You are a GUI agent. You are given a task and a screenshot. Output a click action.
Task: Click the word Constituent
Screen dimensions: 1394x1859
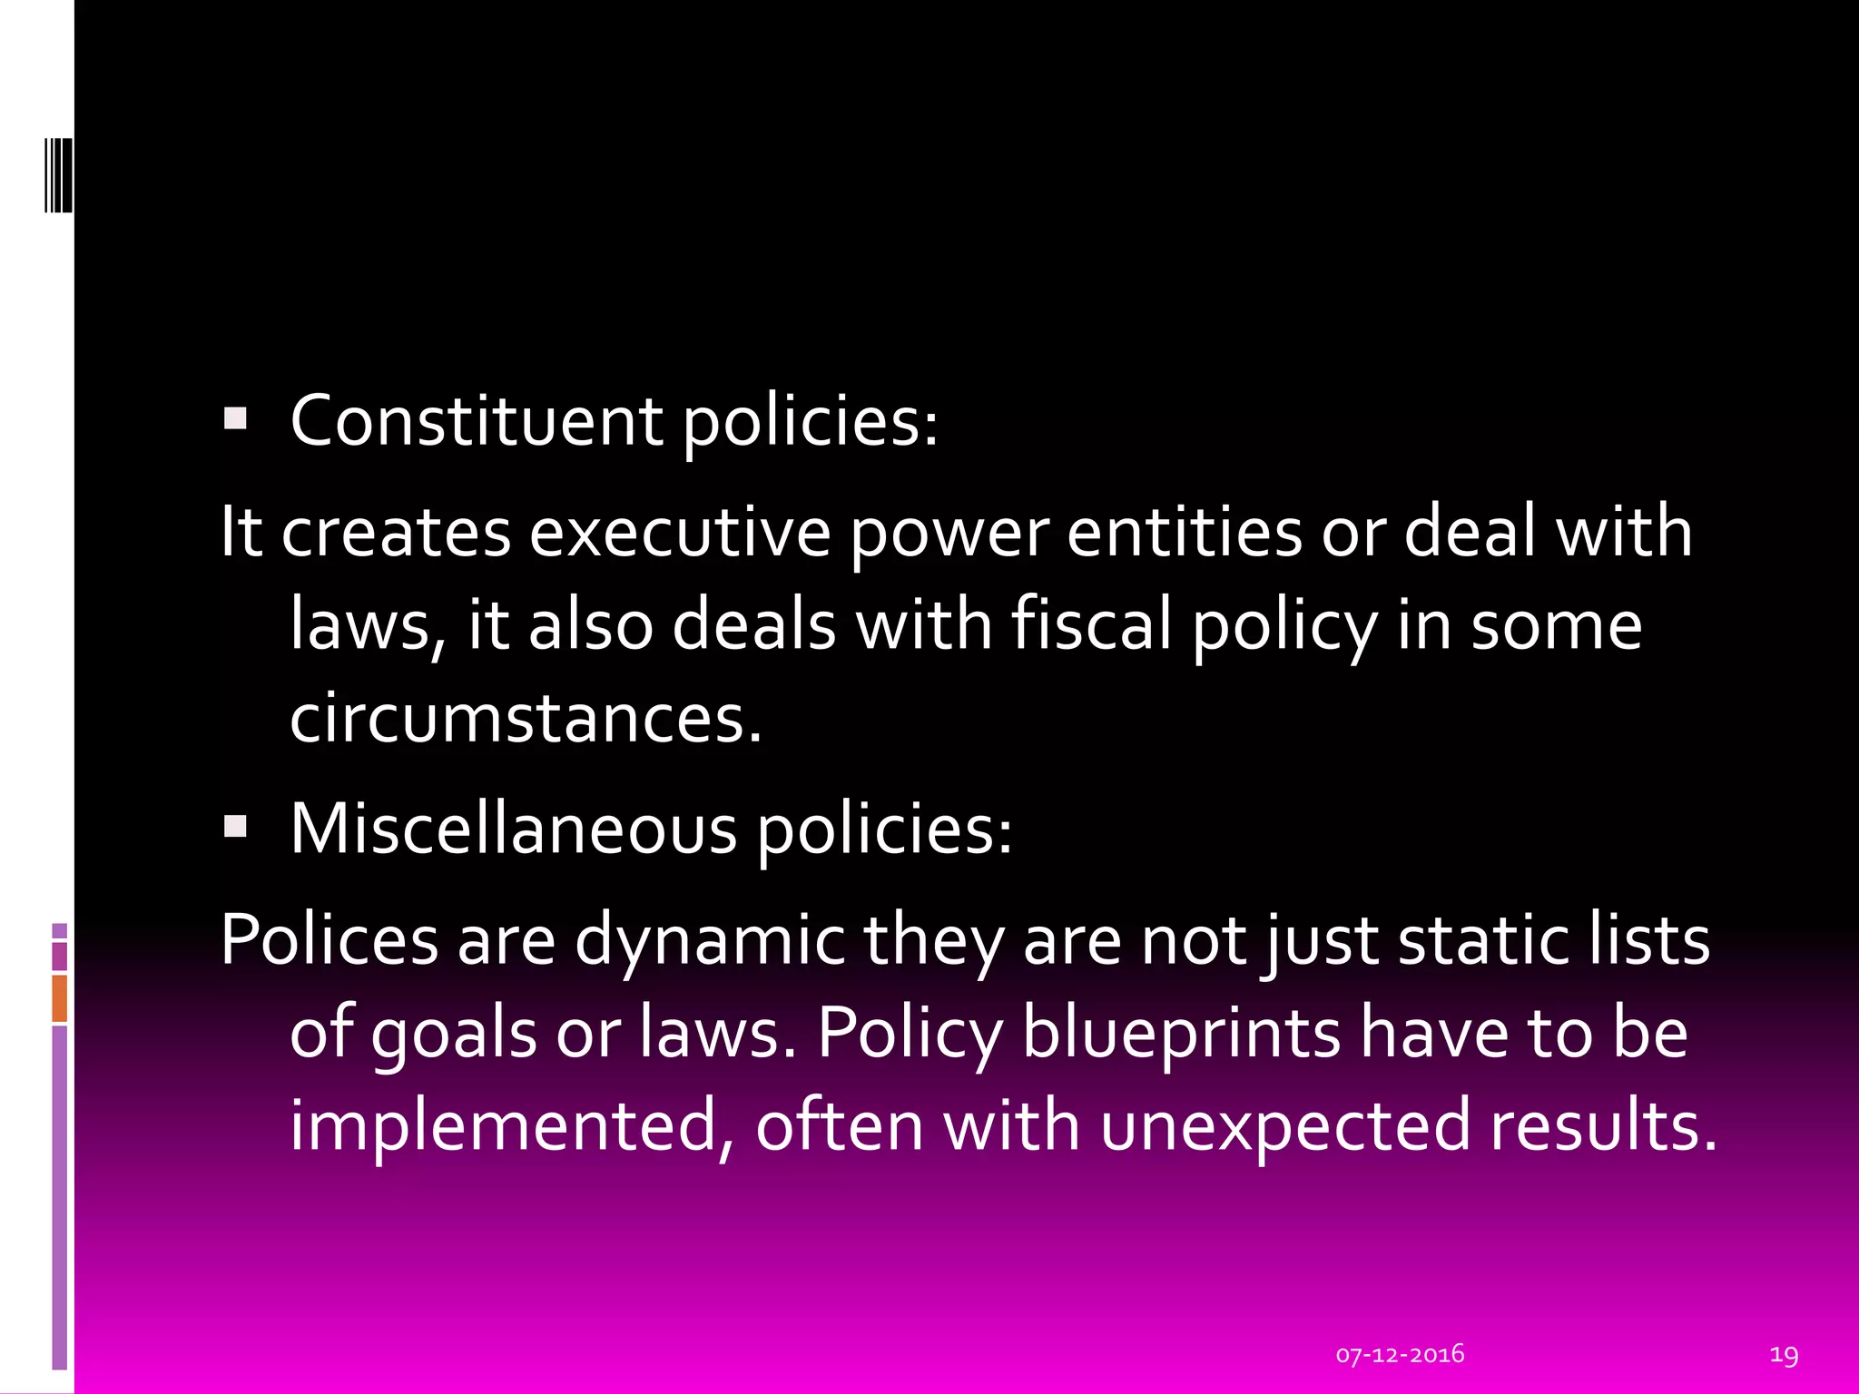coord(477,421)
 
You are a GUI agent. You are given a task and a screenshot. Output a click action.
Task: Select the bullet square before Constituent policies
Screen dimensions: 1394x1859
coord(235,417)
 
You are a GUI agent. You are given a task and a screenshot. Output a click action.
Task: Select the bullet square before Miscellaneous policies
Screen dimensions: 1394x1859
coord(235,825)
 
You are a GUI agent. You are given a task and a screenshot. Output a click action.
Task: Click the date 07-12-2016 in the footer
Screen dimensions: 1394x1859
coord(1400,1354)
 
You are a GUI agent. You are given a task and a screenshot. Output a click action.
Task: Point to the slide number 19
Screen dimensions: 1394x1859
coord(1784,1355)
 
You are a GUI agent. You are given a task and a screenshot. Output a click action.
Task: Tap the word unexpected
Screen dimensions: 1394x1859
coord(1284,1125)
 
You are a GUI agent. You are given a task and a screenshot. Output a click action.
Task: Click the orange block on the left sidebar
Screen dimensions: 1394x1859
coord(59,998)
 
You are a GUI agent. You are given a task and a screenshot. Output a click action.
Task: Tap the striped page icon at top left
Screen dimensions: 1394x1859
coord(59,174)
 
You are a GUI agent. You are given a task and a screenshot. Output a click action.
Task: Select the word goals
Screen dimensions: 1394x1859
coord(454,1035)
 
